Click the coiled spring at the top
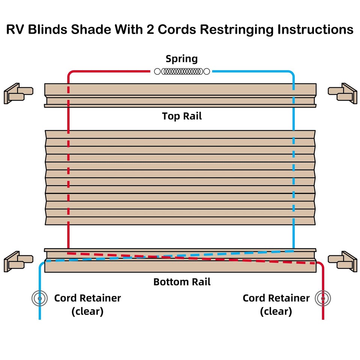coord(182,71)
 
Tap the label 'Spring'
coord(181,59)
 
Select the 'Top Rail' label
coord(182,116)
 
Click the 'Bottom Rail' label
coord(182,282)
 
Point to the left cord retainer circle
coord(39,298)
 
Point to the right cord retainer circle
coord(323,298)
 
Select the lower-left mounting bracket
coord(18,261)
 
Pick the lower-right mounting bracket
coord(342,261)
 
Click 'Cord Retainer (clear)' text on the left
coord(87,304)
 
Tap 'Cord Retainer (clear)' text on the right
coord(276,304)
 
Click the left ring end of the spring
coord(157,71)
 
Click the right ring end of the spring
coord(207,71)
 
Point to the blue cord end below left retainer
coord(39,315)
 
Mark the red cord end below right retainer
coord(323,315)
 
